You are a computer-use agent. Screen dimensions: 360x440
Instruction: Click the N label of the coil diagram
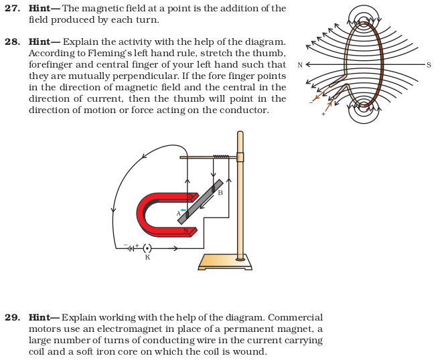299,65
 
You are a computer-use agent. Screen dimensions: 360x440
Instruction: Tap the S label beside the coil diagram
429,65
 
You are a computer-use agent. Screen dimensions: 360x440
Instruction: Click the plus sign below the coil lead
323,114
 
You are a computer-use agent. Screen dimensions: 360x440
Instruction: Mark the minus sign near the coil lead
311,103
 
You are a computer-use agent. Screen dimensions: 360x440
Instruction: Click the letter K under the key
147,258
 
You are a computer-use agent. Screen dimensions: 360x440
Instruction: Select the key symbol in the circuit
147,248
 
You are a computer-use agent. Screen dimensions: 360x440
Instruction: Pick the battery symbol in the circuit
131,248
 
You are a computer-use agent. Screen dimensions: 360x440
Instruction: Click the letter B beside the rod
220,193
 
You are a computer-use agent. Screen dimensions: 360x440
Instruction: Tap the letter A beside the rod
178,213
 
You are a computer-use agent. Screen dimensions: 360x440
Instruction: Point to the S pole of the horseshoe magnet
191,196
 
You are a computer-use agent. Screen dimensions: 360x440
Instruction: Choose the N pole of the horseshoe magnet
187,232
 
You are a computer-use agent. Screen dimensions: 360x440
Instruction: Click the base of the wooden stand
225,262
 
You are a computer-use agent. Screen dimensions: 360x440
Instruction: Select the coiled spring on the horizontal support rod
220,157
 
